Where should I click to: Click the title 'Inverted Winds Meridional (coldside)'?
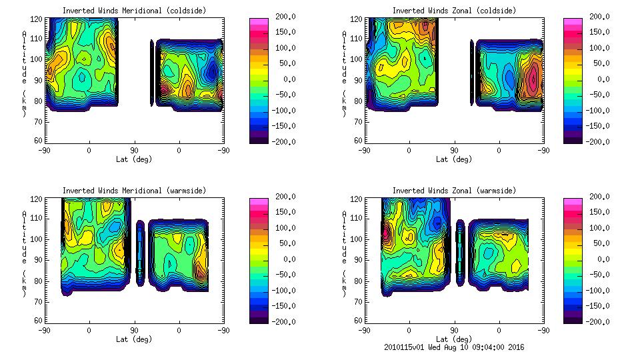[134, 11]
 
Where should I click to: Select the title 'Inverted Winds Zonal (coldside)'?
[454, 11]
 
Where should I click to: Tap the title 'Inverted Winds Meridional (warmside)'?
[134, 191]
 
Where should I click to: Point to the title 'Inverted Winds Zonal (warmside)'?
[454, 191]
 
